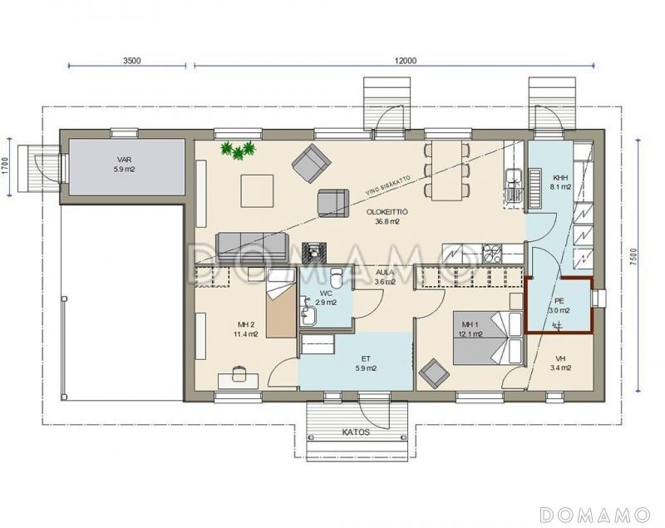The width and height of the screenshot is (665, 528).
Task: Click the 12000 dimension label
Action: point(406,60)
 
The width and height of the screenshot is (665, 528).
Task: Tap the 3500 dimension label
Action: point(131,60)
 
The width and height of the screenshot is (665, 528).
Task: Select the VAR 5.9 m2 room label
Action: point(124,165)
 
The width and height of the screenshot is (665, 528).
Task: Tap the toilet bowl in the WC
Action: point(337,278)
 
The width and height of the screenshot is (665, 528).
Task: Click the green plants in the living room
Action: point(239,150)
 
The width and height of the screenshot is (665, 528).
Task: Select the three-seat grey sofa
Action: point(253,247)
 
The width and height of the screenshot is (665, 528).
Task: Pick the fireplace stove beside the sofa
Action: point(314,252)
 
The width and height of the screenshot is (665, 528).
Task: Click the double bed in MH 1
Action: point(488,338)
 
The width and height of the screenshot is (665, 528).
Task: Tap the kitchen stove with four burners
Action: point(492,253)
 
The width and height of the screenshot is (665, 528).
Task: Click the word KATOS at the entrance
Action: point(357,432)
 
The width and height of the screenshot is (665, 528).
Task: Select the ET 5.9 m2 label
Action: point(367,364)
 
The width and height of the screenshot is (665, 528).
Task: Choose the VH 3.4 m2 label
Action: point(560,363)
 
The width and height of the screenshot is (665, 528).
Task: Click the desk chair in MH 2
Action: point(239,373)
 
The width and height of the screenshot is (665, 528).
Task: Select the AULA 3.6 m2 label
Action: point(385,277)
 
